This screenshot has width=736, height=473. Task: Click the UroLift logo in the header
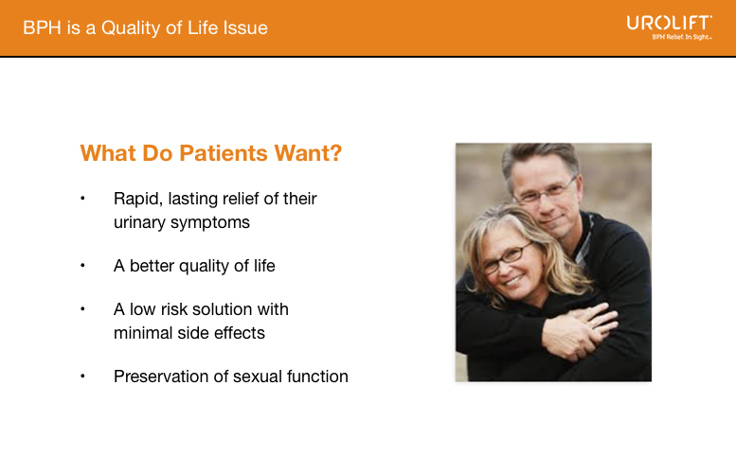click(x=669, y=23)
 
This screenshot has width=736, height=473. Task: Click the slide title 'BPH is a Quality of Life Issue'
click(x=145, y=28)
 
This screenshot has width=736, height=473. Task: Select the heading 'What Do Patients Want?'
click(x=210, y=153)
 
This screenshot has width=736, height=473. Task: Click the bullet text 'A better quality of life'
click(x=194, y=266)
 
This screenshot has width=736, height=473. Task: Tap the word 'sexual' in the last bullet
click(x=250, y=377)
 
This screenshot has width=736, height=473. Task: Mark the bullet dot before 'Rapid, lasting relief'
click(x=83, y=199)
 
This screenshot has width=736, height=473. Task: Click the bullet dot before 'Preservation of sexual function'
click(x=83, y=377)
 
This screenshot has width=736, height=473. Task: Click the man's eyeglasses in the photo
click(x=545, y=192)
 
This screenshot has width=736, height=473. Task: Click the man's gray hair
click(x=540, y=157)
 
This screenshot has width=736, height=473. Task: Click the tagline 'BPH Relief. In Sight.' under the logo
click(x=681, y=38)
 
